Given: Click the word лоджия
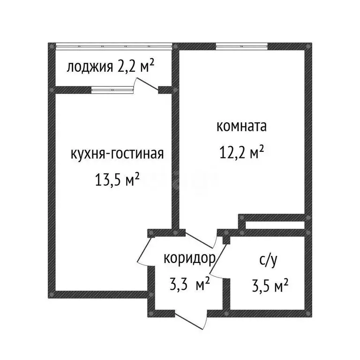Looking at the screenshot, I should tap(89, 67).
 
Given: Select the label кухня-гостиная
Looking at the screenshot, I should tap(117, 154).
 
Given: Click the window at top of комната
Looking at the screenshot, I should tap(242, 46).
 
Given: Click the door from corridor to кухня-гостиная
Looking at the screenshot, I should tap(144, 251).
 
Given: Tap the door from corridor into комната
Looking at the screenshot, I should tap(199, 240).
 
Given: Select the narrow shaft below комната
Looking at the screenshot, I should tap(274, 225).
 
